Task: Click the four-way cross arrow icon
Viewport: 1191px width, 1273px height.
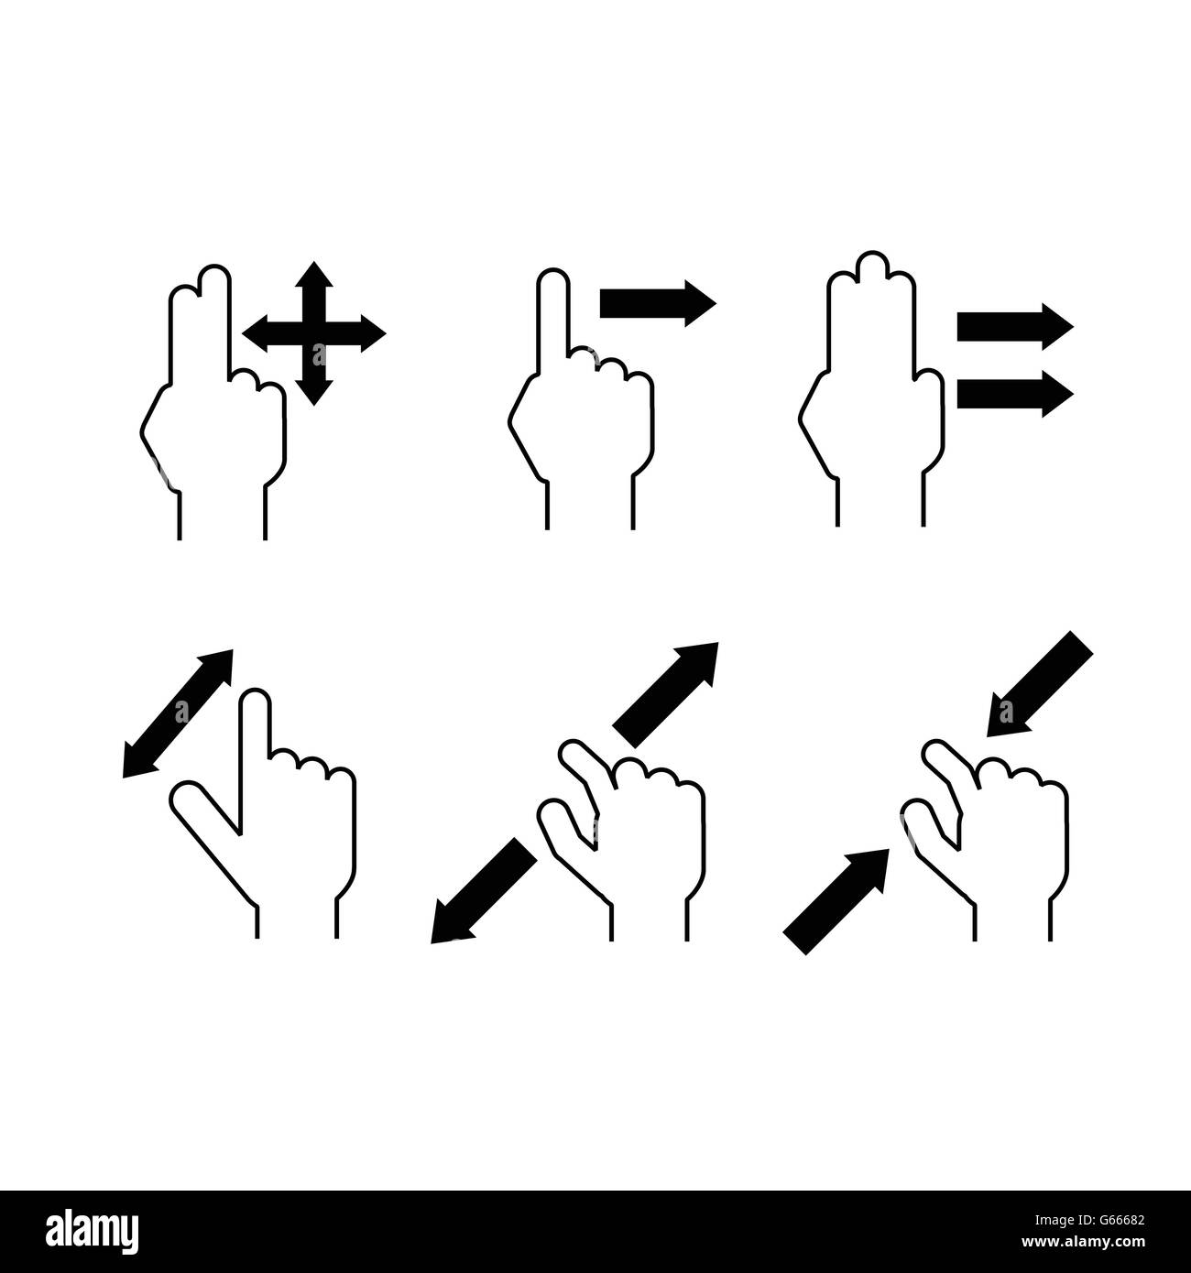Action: click(314, 333)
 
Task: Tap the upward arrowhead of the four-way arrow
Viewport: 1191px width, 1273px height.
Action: click(314, 274)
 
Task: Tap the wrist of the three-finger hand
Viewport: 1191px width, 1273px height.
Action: click(880, 499)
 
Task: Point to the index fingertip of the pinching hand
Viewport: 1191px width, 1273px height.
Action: click(934, 754)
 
